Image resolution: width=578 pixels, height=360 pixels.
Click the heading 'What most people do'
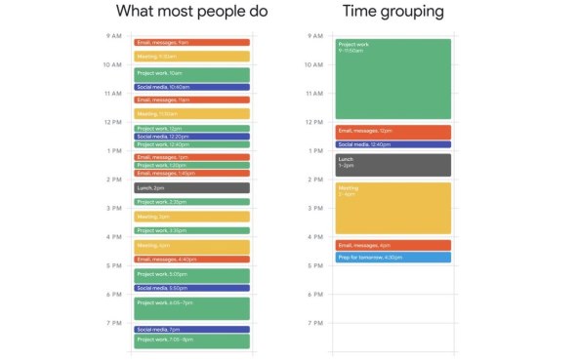(x=191, y=12)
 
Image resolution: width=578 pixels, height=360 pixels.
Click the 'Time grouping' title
(x=393, y=12)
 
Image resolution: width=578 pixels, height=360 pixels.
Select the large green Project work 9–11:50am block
(x=393, y=78)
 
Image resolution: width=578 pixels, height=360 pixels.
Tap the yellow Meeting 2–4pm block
(x=393, y=207)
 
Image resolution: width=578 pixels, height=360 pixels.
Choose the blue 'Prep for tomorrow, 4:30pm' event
(x=393, y=258)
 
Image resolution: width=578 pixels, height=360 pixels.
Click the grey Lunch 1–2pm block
(x=393, y=164)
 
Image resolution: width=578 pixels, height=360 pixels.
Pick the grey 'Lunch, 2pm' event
(x=191, y=187)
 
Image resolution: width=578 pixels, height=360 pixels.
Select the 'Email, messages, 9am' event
(x=191, y=43)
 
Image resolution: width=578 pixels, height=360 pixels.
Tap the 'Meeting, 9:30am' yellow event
(x=191, y=57)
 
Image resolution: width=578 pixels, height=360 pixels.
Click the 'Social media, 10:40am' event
(x=191, y=87)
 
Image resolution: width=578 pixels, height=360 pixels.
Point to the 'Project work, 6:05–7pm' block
(x=191, y=308)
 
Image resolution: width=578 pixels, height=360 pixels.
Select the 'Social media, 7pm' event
(x=191, y=330)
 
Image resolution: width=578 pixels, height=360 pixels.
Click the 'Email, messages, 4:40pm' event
(x=191, y=260)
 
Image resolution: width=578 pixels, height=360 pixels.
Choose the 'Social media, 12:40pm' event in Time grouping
(x=393, y=144)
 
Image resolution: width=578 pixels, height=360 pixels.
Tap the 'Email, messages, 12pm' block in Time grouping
(x=393, y=132)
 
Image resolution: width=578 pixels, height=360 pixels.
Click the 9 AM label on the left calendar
(x=114, y=36)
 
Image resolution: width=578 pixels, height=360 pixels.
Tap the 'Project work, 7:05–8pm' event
(x=191, y=340)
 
